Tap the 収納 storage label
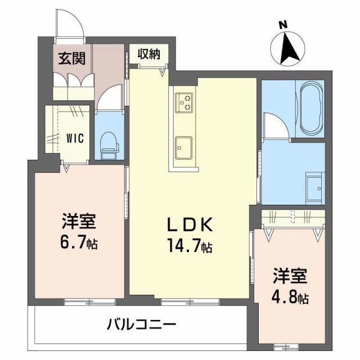coord(150,54)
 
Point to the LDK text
coord(188,225)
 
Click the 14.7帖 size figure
coord(188,245)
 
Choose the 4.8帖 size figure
coord(291,296)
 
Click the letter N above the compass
coord(283,24)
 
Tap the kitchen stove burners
coord(183,102)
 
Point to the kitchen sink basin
coord(183,147)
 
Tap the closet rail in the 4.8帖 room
coord(291,218)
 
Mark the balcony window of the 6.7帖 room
coord(79,303)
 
